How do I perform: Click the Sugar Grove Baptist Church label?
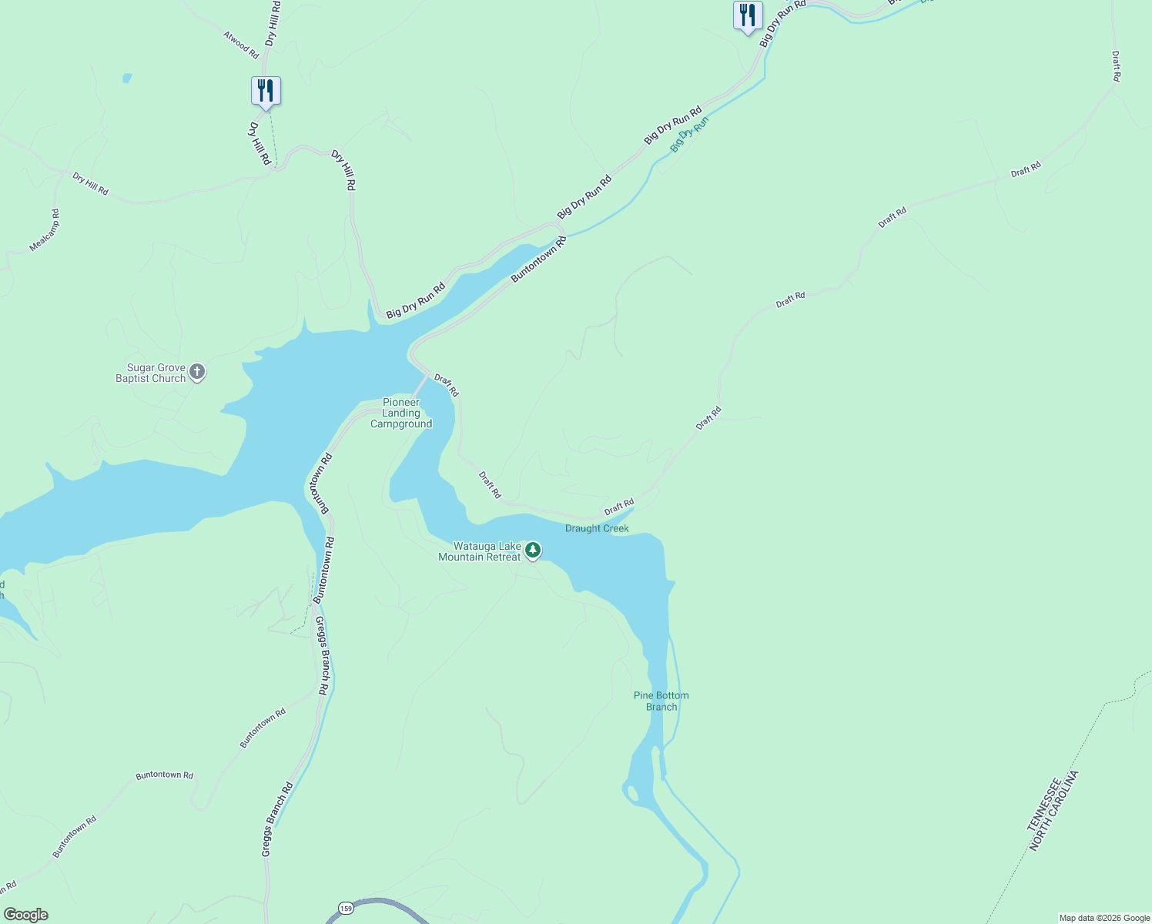[x=151, y=373]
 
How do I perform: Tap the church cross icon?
[x=197, y=373]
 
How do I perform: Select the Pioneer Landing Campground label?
[x=401, y=413]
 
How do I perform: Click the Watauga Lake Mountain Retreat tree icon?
[x=532, y=550]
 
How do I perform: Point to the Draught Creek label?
[x=597, y=529]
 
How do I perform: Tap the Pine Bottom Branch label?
[x=661, y=701]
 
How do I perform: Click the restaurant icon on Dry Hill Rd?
[x=266, y=91]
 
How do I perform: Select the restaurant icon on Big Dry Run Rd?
[x=747, y=15]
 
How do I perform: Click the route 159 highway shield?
[x=346, y=908]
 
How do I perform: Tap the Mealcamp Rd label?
[x=45, y=230]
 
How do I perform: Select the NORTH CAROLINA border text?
[x=1055, y=811]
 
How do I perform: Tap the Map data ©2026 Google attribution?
[x=1104, y=918]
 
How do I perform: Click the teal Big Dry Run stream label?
[x=688, y=135]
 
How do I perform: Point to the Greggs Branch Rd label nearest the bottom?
[x=276, y=820]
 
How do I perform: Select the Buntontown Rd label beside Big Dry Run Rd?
[x=539, y=259]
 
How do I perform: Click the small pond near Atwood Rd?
[x=127, y=78]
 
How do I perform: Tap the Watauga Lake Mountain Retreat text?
[x=480, y=552]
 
